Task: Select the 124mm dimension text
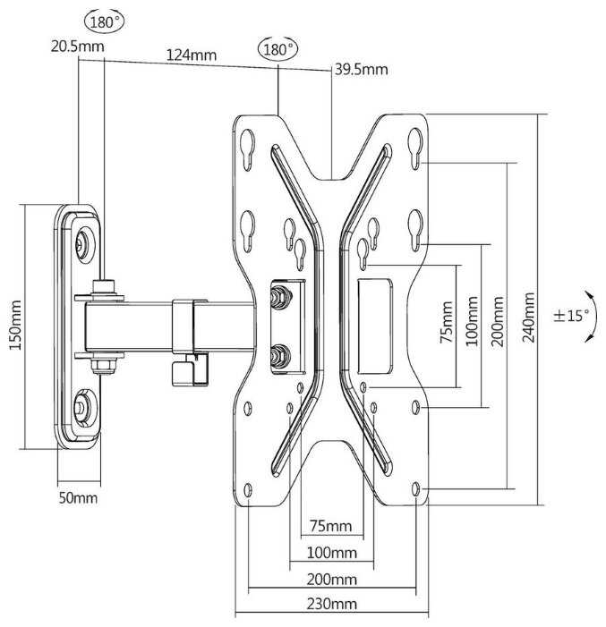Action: point(191,55)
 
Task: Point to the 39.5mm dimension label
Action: point(361,69)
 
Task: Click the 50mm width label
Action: point(79,497)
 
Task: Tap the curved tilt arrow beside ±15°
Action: point(589,317)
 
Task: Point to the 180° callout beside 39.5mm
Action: point(277,50)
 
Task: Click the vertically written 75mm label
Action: point(446,326)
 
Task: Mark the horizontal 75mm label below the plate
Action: point(329,525)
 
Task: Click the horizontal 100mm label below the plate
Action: point(330,552)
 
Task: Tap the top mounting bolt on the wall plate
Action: point(84,242)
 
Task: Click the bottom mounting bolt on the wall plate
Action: point(83,407)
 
